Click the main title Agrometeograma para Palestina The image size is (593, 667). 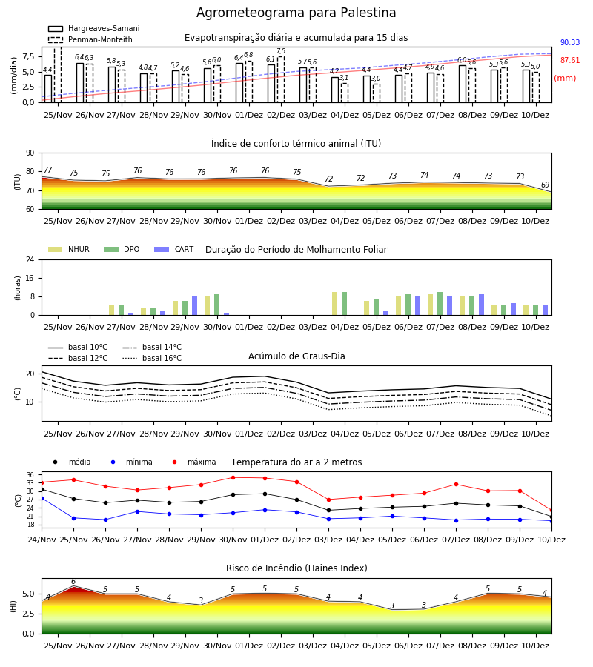(x=296, y=13)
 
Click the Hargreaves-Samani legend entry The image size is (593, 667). (x=94, y=28)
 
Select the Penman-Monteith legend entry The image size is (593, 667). (x=90, y=39)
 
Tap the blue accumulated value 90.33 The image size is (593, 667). (x=570, y=42)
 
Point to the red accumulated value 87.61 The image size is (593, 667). (x=570, y=61)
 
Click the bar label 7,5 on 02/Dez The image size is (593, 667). (x=281, y=51)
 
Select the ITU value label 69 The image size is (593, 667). (x=545, y=185)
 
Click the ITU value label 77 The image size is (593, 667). (x=47, y=170)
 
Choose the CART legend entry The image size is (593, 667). (x=174, y=249)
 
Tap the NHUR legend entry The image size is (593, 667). (x=69, y=249)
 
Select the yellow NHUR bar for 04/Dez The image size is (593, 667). (x=335, y=304)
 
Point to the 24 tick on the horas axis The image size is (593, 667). (x=30, y=259)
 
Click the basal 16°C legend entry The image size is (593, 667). (x=152, y=358)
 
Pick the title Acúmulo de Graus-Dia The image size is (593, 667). (x=296, y=356)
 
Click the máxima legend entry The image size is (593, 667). (x=192, y=462)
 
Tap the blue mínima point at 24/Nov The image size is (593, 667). (x=42, y=498)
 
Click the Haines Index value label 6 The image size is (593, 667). (x=73, y=582)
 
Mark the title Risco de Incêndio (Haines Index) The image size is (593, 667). (x=296, y=568)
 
